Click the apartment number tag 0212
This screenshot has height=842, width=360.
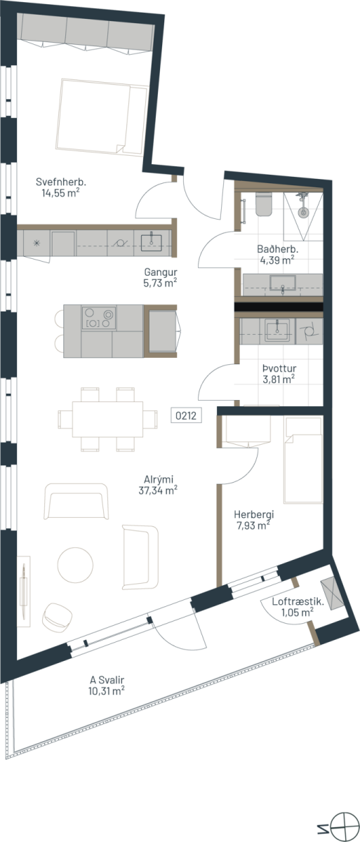[186, 415]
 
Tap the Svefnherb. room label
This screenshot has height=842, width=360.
[61, 182]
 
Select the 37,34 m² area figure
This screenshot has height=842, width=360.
[158, 490]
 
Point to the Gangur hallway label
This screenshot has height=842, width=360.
[161, 272]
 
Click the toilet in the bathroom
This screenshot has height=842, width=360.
[264, 204]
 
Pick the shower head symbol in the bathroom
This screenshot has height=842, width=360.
[302, 206]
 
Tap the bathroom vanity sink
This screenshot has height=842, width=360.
[283, 283]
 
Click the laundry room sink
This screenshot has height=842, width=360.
[277, 330]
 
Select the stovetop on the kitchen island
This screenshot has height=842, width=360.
[99, 318]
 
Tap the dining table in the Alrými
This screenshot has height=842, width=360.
[108, 419]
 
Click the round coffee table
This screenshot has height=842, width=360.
[75, 565]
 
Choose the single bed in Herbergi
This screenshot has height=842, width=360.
[303, 460]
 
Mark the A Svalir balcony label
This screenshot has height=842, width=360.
[107, 680]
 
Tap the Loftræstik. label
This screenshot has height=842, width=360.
[298, 601]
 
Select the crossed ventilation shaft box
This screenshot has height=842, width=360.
[331, 594]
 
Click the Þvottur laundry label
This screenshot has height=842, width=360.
[279, 368]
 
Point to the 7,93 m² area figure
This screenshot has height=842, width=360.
[253, 526]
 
